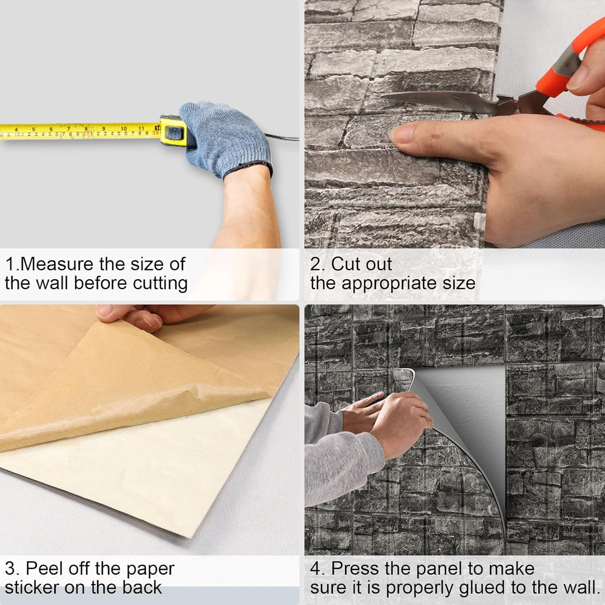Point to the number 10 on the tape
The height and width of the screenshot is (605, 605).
pyautogui.click(x=124, y=129)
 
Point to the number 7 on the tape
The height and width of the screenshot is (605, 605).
pyautogui.click(x=68, y=129)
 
